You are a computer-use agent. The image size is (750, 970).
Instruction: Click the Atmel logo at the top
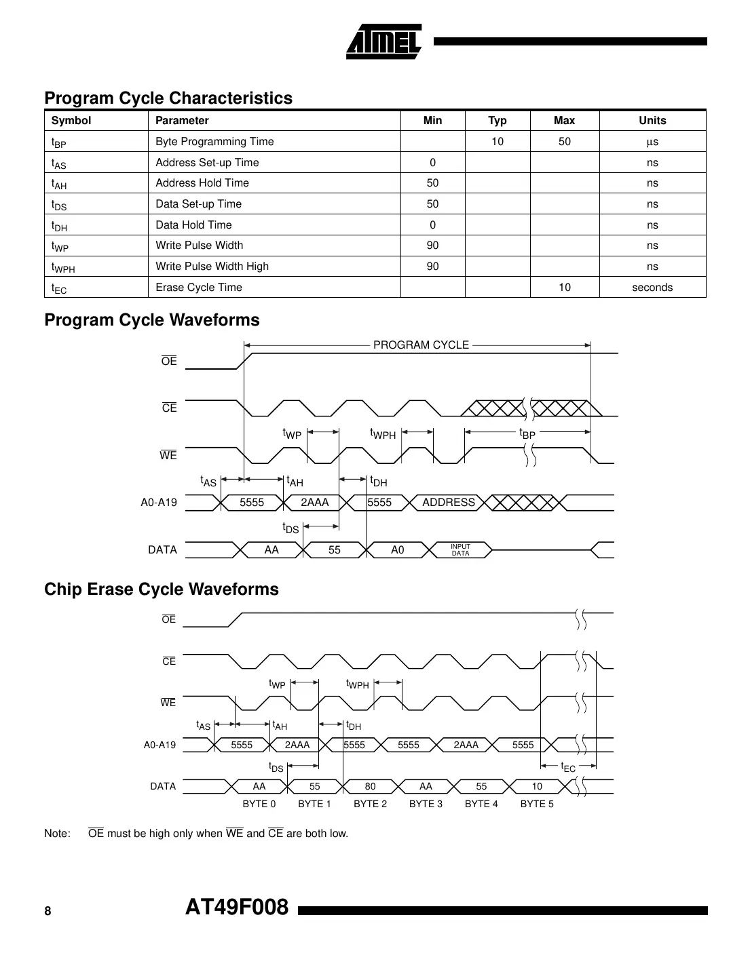coord(383,42)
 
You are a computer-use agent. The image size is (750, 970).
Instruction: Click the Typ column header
coord(497,121)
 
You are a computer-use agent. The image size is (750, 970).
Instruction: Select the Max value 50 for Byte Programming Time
coord(564,142)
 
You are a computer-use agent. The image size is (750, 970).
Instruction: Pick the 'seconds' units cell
coord(652,288)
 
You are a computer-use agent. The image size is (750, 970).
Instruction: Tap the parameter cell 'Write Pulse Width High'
coord(212,267)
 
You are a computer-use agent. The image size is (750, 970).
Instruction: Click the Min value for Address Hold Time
coord(432,183)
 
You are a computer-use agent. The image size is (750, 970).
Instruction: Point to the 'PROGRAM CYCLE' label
coord(421,345)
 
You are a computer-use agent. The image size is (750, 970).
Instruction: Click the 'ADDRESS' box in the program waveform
coord(448,503)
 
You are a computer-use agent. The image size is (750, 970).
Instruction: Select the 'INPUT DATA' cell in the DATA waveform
coord(460,550)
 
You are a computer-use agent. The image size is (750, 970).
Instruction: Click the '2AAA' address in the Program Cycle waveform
coord(314,503)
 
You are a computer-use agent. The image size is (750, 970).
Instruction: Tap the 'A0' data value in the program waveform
coord(397,550)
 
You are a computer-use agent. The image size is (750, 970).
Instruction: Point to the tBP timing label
coord(527,433)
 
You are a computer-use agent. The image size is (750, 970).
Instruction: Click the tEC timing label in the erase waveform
coord(568,767)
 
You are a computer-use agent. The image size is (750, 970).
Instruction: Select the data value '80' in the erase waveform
coord(370,787)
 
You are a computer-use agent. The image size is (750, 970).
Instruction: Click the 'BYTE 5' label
coord(536,804)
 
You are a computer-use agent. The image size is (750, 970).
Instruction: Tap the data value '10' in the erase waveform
coord(536,787)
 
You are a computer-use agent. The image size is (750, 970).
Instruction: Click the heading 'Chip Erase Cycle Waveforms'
coord(162,589)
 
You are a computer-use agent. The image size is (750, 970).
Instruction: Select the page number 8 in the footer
coord(48,911)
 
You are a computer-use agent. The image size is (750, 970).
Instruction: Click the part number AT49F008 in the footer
coord(237,907)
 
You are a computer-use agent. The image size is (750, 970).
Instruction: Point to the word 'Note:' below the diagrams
coord(57,834)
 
